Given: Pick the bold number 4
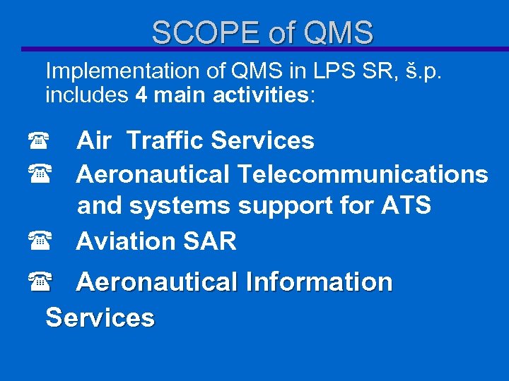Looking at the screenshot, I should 141,95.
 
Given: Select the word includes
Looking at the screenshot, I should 86,95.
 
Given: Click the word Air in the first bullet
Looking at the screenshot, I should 93,140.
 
